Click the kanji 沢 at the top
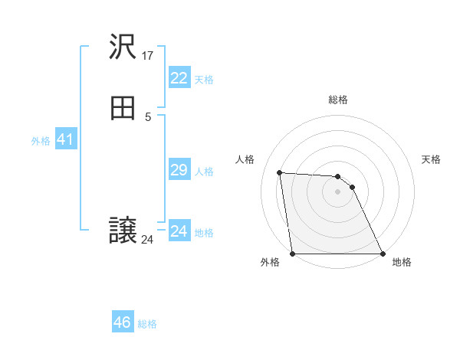tap(123, 48)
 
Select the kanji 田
tap(123, 110)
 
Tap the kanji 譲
tap(123, 231)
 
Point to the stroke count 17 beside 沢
tap(148, 55)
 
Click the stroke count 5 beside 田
tap(148, 116)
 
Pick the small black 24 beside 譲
tap(147, 240)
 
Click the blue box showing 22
tap(179, 78)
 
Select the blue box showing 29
tap(179, 170)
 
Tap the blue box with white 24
tap(179, 231)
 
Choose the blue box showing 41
tap(65, 139)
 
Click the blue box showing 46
tap(123, 322)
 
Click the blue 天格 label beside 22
tap(204, 80)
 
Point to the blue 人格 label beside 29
tap(204, 172)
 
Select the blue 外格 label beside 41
tap(41, 141)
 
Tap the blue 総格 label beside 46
tap(147, 324)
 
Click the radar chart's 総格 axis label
tap(338, 100)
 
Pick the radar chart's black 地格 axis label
tap(402, 262)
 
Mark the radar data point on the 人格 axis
tap(280, 172)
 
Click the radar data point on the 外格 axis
tap(293, 254)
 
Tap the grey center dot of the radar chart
tap(337, 191)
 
